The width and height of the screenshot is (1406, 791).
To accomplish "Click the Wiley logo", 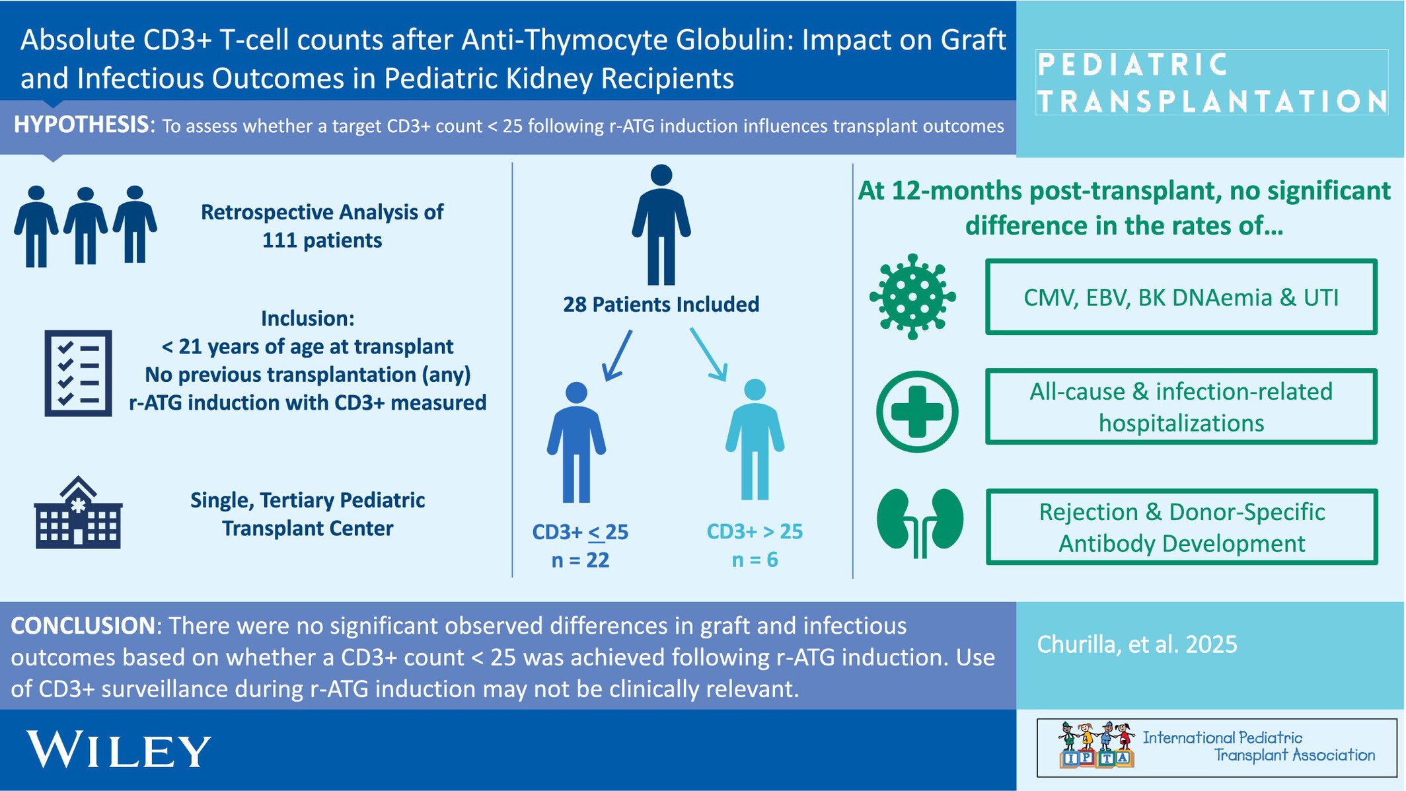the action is point(119,749).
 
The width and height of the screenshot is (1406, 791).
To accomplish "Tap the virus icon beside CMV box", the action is point(912,297).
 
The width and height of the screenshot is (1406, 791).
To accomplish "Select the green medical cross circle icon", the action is point(917,412).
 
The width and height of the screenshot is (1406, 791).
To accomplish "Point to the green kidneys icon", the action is point(920,522).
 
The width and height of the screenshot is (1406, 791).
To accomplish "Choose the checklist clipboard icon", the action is point(78,373).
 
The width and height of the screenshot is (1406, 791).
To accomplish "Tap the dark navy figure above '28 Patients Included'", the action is point(661,225).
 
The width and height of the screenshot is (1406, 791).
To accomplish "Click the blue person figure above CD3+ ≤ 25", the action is point(576,442).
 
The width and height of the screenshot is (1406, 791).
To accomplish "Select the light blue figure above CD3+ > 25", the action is point(755,439).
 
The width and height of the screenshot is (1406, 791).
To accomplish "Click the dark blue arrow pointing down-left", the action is point(617,356).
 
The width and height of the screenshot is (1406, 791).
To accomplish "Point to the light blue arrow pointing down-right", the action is point(709,354).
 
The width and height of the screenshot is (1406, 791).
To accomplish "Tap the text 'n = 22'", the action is point(580,560).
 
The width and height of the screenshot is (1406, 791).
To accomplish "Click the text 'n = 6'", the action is point(755,560).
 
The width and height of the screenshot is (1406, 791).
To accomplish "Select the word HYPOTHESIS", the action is point(81,124).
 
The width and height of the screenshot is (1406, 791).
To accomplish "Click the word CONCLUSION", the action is point(83,626).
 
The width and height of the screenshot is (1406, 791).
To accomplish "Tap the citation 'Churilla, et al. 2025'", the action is point(1137,644).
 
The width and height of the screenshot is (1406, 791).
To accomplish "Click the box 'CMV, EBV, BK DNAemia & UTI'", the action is point(1181,297).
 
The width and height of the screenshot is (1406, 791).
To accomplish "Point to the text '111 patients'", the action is point(322,240).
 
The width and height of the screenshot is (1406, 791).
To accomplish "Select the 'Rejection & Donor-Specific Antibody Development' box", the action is point(1181,527).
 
